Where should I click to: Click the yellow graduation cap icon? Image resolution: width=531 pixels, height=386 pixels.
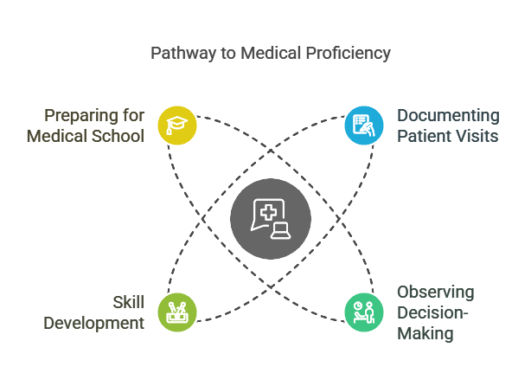[x=177, y=125]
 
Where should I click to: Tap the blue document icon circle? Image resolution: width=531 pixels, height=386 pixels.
[x=365, y=125]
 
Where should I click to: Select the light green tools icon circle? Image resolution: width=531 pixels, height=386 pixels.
[x=177, y=312]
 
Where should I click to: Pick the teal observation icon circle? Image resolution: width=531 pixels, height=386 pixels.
[x=365, y=312]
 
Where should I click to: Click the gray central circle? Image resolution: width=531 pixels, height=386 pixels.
[x=271, y=218]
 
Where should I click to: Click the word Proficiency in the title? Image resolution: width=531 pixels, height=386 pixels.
[x=348, y=54]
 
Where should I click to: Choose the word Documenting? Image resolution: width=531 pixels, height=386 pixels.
[x=448, y=115]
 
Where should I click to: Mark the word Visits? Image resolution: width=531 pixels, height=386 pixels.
[x=478, y=136]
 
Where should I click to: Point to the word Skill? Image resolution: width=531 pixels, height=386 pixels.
[x=127, y=303]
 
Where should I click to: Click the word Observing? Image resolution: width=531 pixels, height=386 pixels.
[x=436, y=292]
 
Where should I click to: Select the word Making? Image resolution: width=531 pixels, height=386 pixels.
[x=425, y=333]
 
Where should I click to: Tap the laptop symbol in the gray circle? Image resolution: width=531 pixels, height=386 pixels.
[x=281, y=229]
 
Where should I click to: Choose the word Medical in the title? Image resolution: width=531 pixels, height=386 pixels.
[x=270, y=54]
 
